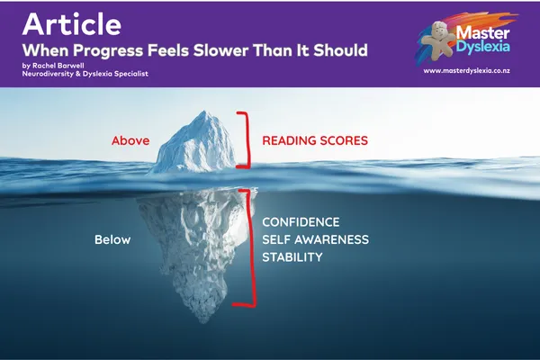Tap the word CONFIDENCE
pyautogui.click(x=301, y=222)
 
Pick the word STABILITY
pyautogui.click(x=292, y=258)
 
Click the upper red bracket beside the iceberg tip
pyautogui.click(x=244, y=139)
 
